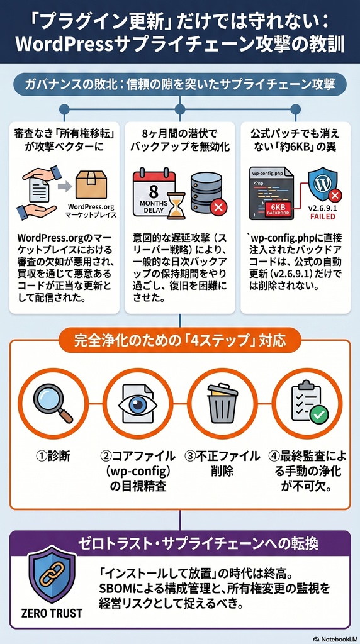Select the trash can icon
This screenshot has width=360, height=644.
point(222,403)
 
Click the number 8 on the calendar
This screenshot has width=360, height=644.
point(154,191)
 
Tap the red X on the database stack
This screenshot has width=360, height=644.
point(218,206)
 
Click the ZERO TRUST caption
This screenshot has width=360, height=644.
point(52,613)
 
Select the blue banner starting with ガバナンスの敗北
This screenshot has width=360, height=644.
point(180,84)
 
